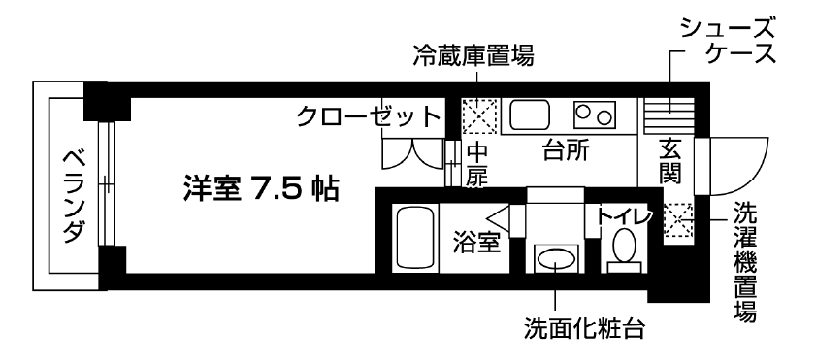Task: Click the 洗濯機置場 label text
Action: click(745, 262)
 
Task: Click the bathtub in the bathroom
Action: click(415, 238)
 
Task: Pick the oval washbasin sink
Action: click(554, 259)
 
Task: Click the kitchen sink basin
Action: click(530, 116)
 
